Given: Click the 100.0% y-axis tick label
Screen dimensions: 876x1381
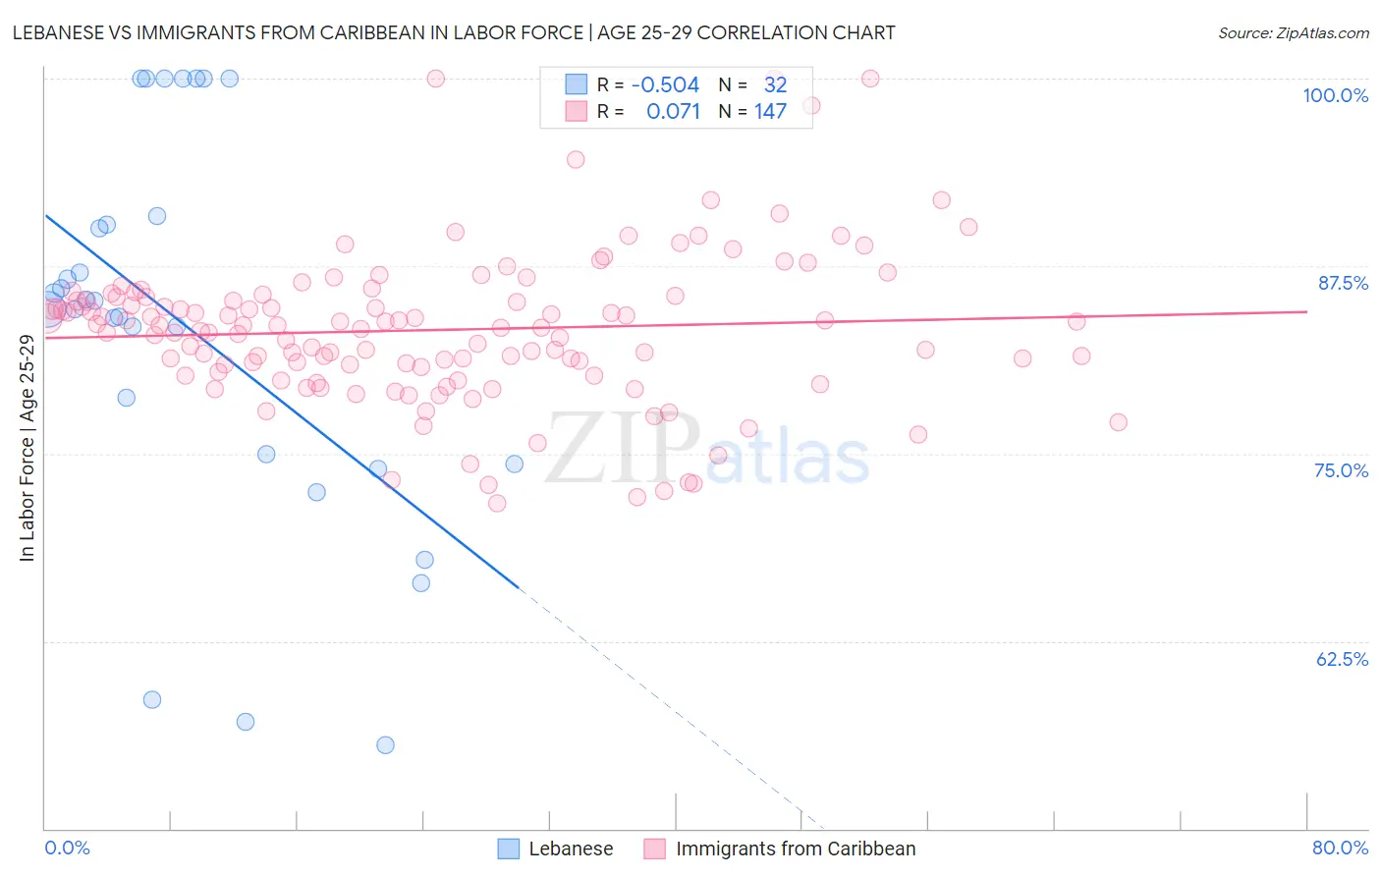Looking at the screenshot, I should [x=1335, y=95].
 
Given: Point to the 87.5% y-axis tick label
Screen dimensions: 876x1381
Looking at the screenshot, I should [x=1343, y=283].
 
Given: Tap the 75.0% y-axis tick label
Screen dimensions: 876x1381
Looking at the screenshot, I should [x=1341, y=470].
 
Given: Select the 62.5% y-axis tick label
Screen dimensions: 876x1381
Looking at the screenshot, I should [x=1342, y=659].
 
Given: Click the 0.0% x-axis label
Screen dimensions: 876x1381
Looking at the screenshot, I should [x=67, y=848].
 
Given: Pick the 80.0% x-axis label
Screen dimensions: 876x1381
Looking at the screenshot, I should [x=1340, y=848].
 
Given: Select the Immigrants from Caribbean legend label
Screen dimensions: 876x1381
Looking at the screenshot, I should [x=795, y=849].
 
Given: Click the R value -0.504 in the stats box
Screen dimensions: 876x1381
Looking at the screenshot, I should [x=665, y=84].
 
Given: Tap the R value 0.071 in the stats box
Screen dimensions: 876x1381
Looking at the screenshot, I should [x=673, y=111].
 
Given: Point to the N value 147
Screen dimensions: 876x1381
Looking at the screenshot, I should [x=770, y=111].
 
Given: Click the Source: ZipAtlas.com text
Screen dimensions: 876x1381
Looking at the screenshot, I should [x=1293, y=32].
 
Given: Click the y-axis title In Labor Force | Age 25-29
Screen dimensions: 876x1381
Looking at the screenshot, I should [x=28, y=448].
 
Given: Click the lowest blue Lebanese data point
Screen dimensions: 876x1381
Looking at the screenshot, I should [x=385, y=745].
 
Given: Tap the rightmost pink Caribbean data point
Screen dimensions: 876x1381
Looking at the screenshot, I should [x=1118, y=422].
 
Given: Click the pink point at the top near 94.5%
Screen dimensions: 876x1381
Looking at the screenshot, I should [x=576, y=159].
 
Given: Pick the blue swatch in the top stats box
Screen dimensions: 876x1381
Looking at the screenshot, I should [x=576, y=84].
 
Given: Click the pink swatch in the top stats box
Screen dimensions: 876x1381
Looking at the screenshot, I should [x=576, y=111].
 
